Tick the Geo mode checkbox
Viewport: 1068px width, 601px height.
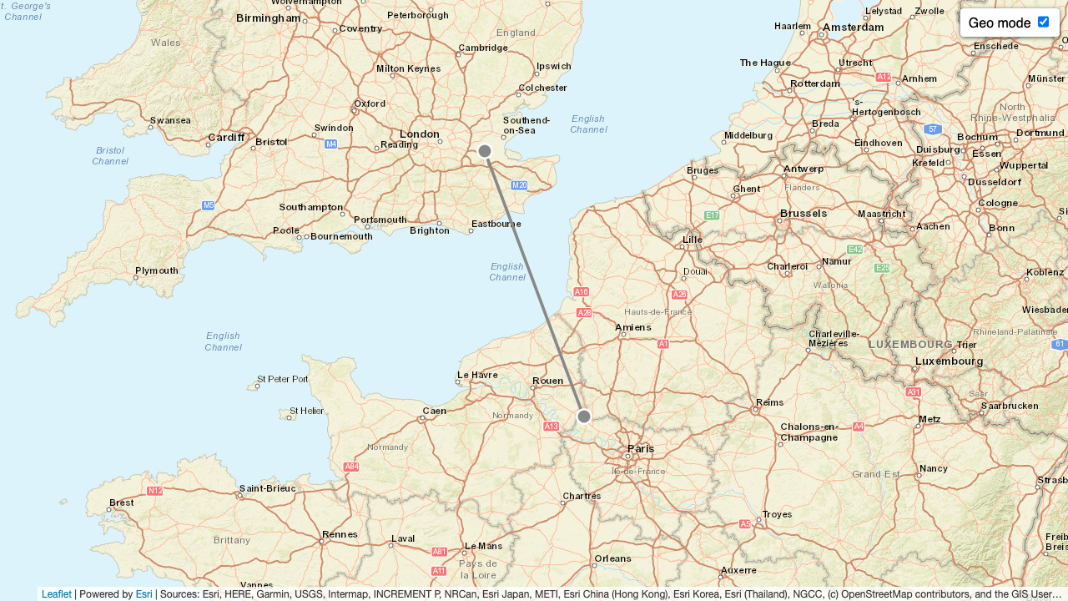[x=1043, y=22]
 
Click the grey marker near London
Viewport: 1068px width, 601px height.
[x=485, y=151]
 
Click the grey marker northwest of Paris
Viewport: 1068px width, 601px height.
[x=584, y=417]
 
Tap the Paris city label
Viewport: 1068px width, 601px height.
[x=641, y=449]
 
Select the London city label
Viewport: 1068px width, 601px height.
[x=419, y=134]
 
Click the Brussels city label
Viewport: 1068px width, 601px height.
[x=803, y=214]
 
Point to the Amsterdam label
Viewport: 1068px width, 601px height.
[x=853, y=28]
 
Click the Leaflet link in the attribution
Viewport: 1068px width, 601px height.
[x=56, y=594]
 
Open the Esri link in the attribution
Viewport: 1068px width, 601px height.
[x=144, y=594]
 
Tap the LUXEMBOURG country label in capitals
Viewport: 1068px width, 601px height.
[x=910, y=344]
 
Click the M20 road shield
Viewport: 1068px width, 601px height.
[x=519, y=185]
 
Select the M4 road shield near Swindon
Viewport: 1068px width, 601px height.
[x=331, y=144]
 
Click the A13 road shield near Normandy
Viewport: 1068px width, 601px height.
[x=551, y=427]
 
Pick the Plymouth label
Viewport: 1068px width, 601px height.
[x=157, y=270]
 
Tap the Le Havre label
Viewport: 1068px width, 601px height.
[x=477, y=375]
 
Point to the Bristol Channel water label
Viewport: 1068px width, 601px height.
[x=110, y=156]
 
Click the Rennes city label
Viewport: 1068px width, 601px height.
[x=340, y=534]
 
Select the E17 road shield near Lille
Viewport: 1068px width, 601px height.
[x=712, y=215]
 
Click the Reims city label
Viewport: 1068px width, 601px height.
[x=769, y=402]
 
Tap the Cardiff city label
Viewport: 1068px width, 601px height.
[x=226, y=138]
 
